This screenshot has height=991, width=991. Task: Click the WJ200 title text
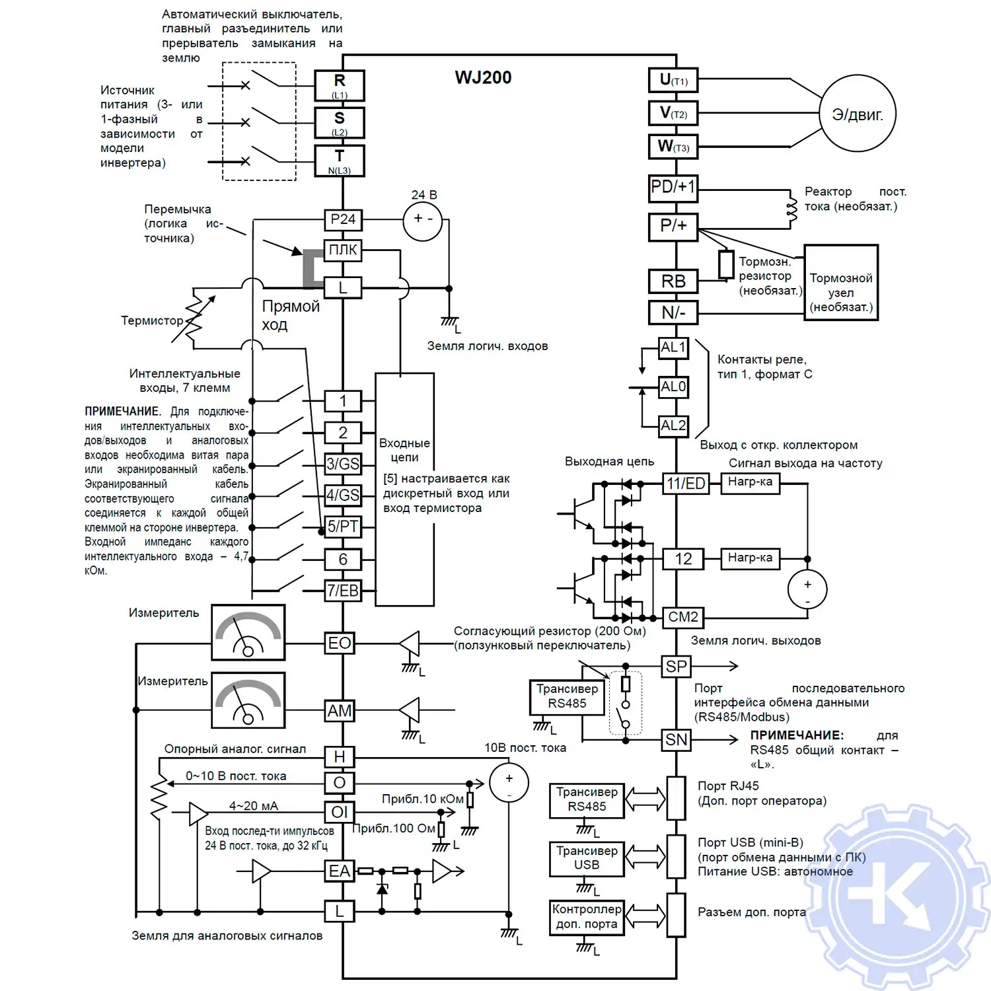[x=483, y=77]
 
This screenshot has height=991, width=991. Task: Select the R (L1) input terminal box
[x=340, y=85]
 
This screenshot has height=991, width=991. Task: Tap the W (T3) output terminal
[x=673, y=147]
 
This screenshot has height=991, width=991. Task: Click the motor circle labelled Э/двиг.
[x=858, y=114]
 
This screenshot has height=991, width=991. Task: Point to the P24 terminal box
[x=343, y=219]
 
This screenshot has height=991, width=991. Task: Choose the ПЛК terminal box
[x=343, y=250]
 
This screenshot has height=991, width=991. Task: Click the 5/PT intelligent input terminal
[x=343, y=527]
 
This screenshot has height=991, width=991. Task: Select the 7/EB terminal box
[x=343, y=591]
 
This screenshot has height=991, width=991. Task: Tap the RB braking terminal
[x=673, y=281]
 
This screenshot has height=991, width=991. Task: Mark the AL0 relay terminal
[x=673, y=386]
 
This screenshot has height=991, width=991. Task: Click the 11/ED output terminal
[x=685, y=484]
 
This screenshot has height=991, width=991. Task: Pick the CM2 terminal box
[x=682, y=617]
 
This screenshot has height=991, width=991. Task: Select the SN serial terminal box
[x=676, y=740]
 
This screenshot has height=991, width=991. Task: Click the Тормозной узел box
[x=841, y=283]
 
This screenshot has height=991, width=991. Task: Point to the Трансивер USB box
[x=587, y=858]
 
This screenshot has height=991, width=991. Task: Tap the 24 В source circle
[x=423, y=219]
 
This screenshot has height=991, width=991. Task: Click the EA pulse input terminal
[x=340, y=871]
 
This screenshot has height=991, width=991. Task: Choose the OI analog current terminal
[x=340, y=812]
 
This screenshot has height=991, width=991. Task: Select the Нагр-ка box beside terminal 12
[x=750, y=558]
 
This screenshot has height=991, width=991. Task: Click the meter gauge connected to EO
[x=248, y=632]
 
